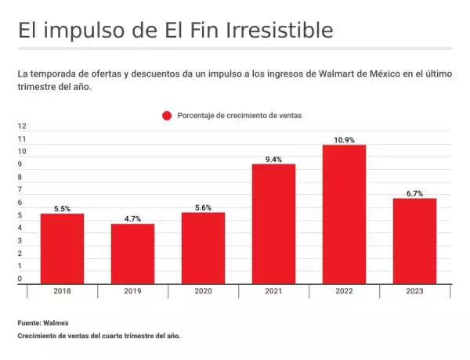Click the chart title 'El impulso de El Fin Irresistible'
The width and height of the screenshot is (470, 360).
click(x=175, y=31)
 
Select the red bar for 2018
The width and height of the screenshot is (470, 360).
click(x=62, y=248)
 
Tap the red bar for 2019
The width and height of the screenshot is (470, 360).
click(x=132, y=254)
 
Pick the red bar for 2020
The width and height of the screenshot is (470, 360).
click(x=203, y=247)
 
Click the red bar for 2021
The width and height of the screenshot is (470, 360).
click(x=273, y=223)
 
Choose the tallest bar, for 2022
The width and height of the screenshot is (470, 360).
click(x=344, y=214)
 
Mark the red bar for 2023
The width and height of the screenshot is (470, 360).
click(x=414, y=240)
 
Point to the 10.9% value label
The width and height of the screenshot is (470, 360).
click(x=344, y=140)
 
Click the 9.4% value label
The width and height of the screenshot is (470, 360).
click(x=273, y=159)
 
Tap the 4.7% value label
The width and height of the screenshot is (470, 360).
click(x=132, y=219)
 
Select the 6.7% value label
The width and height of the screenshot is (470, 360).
click(x=414, y=193)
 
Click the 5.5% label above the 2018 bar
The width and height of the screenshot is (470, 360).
click(x=62, y=209)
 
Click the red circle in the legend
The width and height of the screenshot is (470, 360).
click(x=167, y=115)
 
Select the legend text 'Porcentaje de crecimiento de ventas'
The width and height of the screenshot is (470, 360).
click(x=240, y=115)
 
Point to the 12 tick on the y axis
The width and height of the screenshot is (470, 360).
click(x=22, y=126)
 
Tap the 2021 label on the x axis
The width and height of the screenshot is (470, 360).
click(x=273, y=291)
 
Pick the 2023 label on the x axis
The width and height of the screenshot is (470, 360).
click(x=414, y=291)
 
